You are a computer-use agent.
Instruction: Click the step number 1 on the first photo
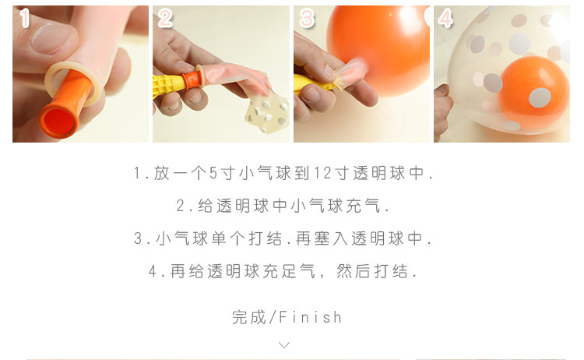(x=25, y=17)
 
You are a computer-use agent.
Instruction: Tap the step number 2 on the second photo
(x=165, y=18)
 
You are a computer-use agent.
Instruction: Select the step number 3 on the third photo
(x=307, y=18)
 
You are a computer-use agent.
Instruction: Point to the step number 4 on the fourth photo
(x=445, y=18)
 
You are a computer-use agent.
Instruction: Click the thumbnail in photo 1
(x=52, y=38)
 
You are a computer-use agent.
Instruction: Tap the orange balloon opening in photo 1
(x=59, y=120)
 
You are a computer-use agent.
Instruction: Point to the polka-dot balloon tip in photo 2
(x=267, y=112)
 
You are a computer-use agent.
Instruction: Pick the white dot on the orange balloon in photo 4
(x=540, y=97)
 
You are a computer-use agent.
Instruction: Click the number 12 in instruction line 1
(x=322, y=173)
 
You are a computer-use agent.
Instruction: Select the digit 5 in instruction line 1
(x=213, y=173)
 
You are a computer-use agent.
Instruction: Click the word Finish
(x=310, y=317)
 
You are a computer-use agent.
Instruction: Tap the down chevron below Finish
(x=284, y=345)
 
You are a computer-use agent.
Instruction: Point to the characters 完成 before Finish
(x=249, y=317)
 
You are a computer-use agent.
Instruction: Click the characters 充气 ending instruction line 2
(x=363, y=206)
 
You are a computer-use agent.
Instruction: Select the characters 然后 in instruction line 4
(x=353, y=271)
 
